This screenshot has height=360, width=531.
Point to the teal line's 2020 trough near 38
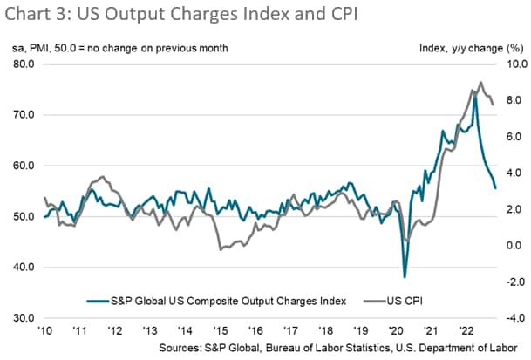[405, 276]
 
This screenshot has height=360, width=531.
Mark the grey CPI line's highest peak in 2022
[481, 83]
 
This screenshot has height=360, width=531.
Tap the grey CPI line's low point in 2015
[220, 250]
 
